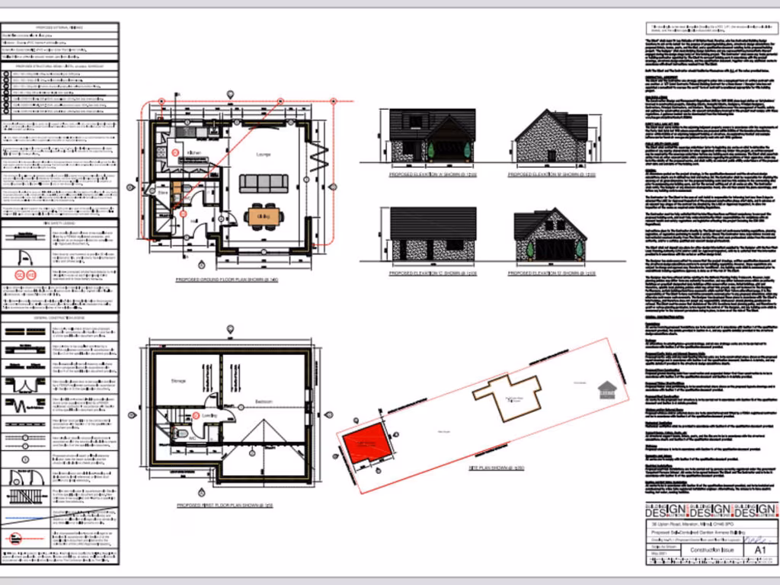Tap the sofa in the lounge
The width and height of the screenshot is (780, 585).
[264, 184]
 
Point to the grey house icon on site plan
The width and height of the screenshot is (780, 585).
[606, 390]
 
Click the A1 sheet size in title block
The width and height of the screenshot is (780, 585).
[759, 549]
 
